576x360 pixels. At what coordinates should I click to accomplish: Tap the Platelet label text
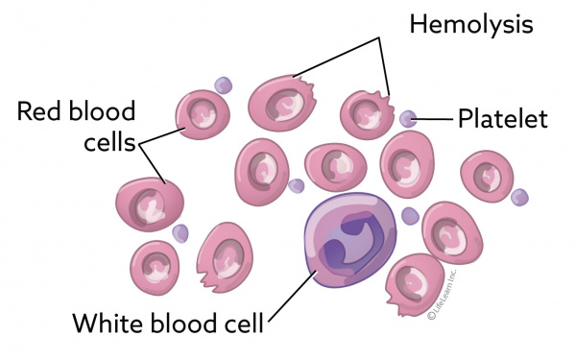(502, 120)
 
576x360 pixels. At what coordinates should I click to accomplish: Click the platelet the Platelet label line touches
(409, 120)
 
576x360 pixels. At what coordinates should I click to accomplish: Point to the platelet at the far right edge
(519, 197)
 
